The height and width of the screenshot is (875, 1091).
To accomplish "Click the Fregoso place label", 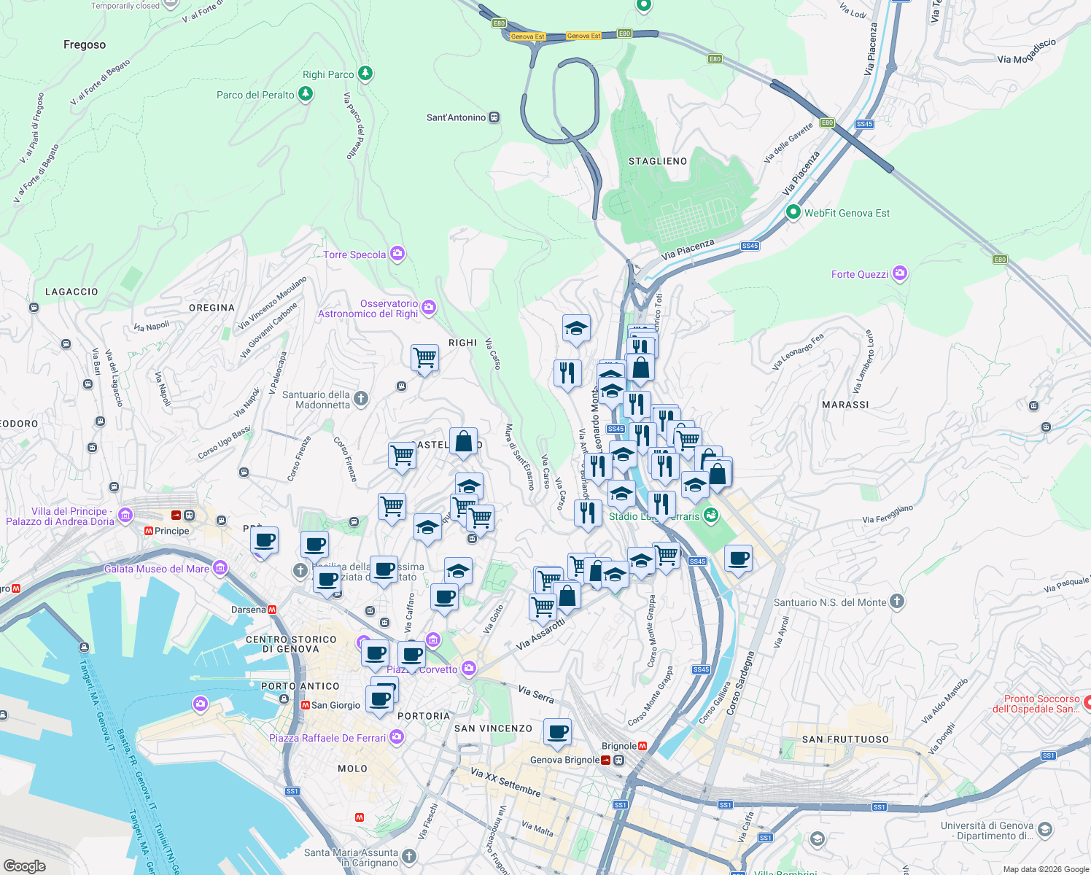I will (x=85, y=45).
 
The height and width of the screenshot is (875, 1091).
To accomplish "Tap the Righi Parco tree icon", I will (x=365, y=74).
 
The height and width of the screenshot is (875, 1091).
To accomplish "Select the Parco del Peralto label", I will (x=255, y=95).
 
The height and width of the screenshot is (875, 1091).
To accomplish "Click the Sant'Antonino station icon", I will (x=494, y=117).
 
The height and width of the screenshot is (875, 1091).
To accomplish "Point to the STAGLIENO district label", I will (x=658, y=161).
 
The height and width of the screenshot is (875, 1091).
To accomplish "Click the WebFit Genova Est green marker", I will (x=793, y=212).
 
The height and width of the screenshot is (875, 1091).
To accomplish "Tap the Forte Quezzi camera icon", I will (x=900, y=273).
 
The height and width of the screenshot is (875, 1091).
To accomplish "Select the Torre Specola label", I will (x=354, y=254).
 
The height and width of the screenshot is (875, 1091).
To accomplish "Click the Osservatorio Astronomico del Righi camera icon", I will (x=429, y=307).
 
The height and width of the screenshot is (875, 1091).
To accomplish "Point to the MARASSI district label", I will (x=845, y=405).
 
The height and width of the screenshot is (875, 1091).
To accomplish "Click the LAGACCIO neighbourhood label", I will (x=71, y=292).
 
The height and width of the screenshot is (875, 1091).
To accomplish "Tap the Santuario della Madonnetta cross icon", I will (x=361, y=398).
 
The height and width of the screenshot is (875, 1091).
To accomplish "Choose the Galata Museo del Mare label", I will (x=157, y=569).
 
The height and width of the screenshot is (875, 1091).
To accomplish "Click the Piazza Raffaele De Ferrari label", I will (x=327, y=738).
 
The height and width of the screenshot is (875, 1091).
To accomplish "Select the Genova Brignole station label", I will (x=564, y=760).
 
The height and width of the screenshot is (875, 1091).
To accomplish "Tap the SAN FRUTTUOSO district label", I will (x=845, y=739).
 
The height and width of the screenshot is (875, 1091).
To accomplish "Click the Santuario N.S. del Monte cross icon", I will (x=897, y=602).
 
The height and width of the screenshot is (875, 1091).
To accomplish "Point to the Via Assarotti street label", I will (x=540, y=635).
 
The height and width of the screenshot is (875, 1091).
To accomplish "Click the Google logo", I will (x=25, y=866).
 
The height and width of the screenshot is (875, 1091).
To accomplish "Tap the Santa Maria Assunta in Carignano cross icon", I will (x=409, y=856).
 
